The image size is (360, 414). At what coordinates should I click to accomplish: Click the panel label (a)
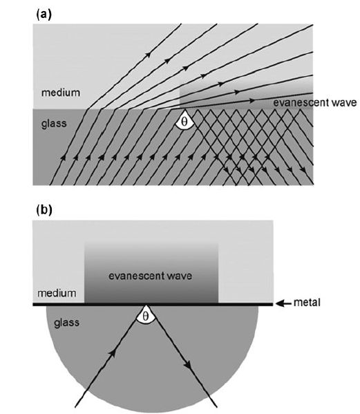[44, 14]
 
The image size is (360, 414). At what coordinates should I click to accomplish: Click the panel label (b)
[44, 209]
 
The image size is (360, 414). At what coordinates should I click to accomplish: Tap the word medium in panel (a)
[61, 93]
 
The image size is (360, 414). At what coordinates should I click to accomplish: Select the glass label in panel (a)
[54, 124]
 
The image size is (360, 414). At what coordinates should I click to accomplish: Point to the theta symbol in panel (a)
[184, 122]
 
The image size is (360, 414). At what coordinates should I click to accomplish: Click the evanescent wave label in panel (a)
[315, 102]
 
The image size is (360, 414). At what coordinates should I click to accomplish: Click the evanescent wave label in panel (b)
[150, 276]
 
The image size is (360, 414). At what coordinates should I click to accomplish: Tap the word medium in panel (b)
[57, 293]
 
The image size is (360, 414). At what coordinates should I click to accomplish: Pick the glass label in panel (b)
[66, 323]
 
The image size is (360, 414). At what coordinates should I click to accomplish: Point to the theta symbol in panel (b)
[145, 316]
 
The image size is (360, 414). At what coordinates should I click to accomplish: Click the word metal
[307, 302]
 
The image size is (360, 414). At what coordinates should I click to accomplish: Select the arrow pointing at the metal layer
[284, 304]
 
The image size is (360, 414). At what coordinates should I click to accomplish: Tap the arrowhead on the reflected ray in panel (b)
[188, 365]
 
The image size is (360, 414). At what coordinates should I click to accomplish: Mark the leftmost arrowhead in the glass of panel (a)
[63, 157]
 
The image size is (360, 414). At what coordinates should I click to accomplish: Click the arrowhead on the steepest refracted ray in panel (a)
[148, 55]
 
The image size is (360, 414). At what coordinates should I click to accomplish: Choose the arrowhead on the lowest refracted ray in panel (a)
[252, 101]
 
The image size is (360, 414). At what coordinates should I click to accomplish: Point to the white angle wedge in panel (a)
[184, 121]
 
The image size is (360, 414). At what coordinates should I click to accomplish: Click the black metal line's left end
[33, 304]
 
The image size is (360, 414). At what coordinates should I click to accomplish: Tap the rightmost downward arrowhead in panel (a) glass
[303, 170]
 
